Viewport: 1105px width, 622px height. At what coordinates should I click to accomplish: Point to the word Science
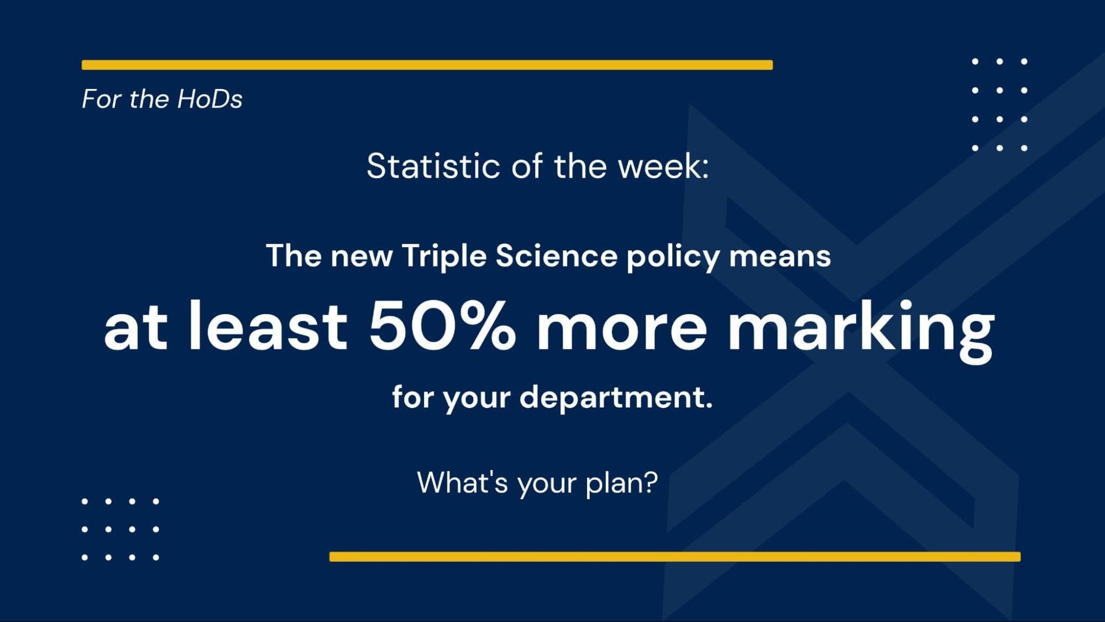[556, 257]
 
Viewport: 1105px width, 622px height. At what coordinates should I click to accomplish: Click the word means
[780, 257]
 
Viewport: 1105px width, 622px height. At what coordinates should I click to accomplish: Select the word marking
[861, 327]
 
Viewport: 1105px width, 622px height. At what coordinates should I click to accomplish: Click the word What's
[462, 482]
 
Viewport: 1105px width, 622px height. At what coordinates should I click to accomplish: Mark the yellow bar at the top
[427, 65]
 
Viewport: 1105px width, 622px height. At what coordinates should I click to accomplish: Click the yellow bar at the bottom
[674, 557]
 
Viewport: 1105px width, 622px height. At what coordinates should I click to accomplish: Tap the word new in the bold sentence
[362, 257]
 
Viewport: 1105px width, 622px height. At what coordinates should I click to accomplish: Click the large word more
[622, 327]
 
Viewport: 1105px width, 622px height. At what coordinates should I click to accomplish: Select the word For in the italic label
[102, 100]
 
